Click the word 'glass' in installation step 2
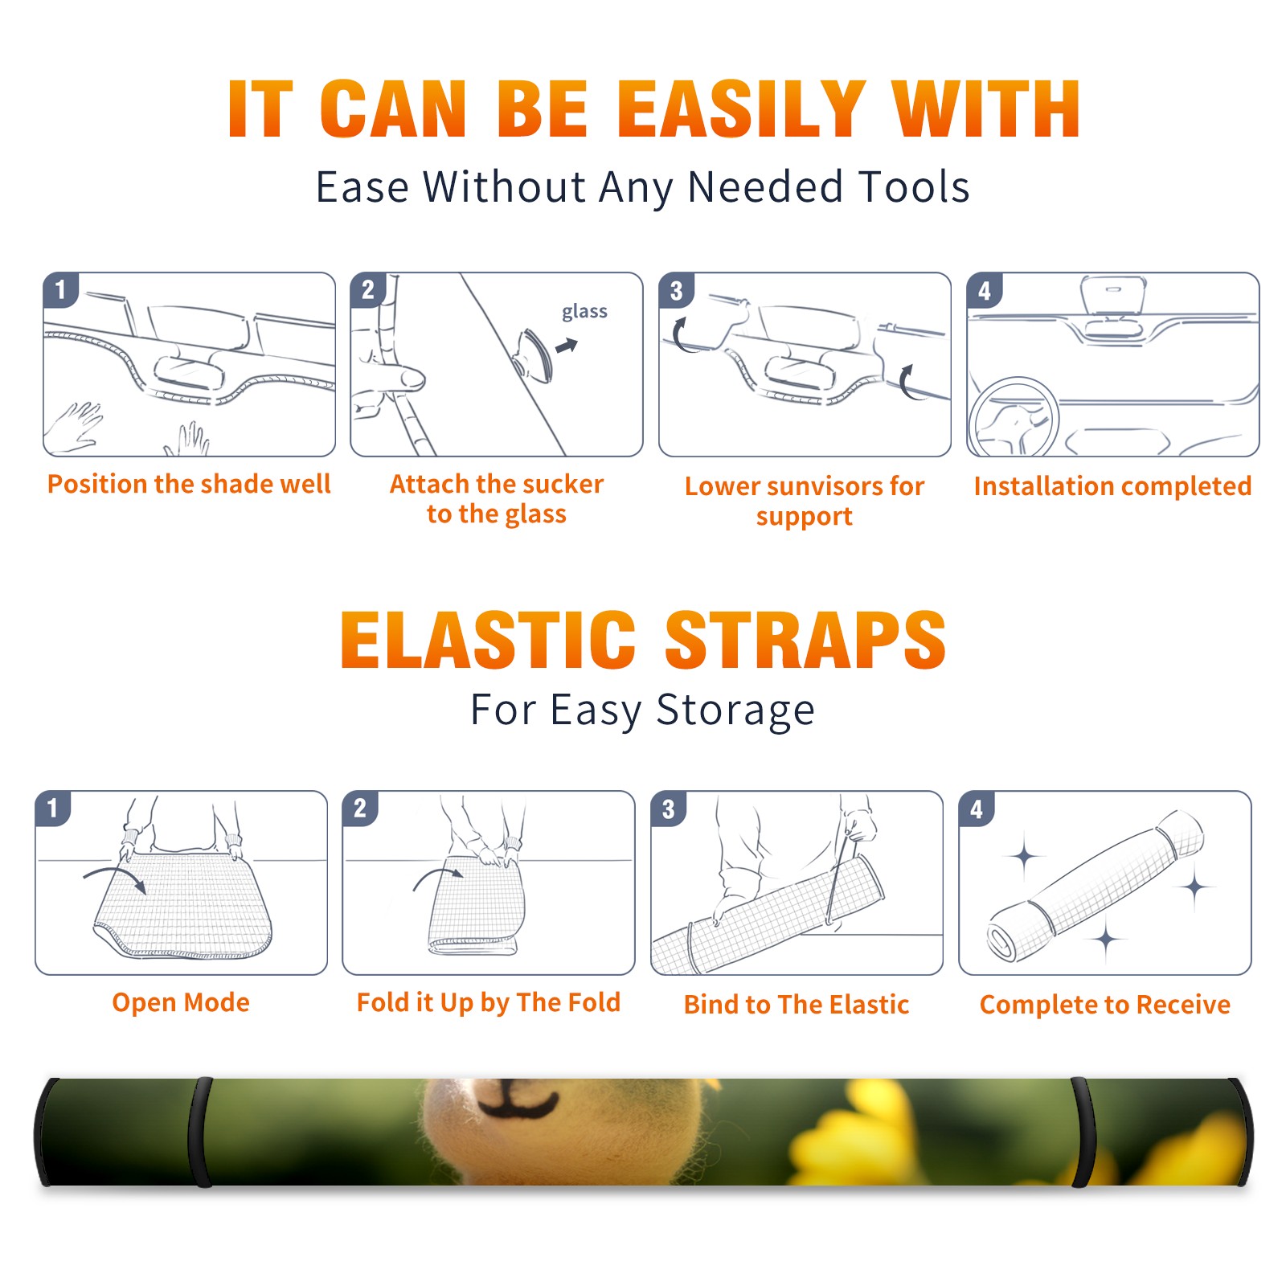(584, 312)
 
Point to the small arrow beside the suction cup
(567, 346)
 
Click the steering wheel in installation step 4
(1014, 417)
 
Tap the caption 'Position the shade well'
(189, 484)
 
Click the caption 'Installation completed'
(1112, 485)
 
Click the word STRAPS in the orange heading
(805, 640)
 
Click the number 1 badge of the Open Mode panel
(53, 809)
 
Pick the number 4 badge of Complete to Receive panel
(977, 809)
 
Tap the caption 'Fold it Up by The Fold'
(489, 1002)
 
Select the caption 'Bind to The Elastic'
(797, 1005)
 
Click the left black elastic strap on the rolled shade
(200, 1132)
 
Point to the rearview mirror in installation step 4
(1113, 297)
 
